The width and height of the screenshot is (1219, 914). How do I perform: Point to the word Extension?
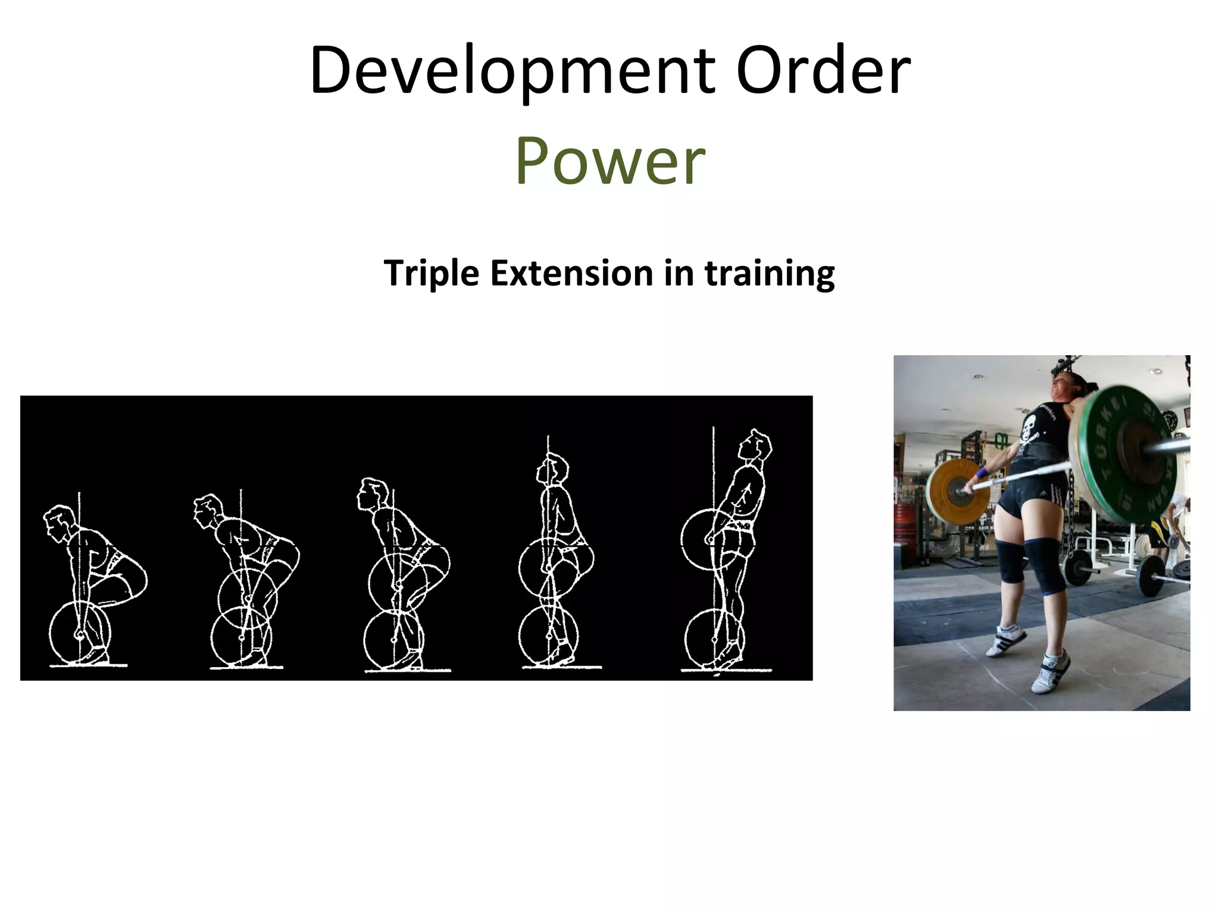(571, 273)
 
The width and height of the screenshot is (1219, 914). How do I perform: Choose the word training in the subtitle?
(769, 273)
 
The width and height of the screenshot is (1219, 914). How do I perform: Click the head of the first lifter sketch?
(60, 522)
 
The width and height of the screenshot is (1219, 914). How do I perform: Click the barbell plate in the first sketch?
(79, 634)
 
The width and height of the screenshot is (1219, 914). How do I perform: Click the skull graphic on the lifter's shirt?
(1046, 424)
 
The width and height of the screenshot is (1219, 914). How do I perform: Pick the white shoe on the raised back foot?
(1006, 640)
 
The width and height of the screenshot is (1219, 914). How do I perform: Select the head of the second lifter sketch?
(208, 511)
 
